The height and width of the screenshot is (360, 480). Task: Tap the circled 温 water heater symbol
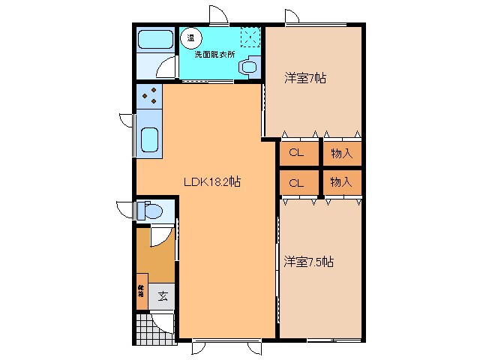point(193,36)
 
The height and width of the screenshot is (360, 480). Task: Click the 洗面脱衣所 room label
point(215,54)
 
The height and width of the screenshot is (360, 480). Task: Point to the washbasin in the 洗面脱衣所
point(247,67)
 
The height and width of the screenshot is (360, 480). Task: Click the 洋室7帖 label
point(304,77)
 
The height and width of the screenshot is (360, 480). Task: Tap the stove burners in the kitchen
point(150,95)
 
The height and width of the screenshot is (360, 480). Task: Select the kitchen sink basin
point(150,140)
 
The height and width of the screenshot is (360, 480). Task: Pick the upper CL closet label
point(296,153)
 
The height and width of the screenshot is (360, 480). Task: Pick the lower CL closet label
point(296,182)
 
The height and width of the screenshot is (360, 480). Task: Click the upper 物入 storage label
point(341,153)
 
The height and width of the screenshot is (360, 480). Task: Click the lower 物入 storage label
point(341,182)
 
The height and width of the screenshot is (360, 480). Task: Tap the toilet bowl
point(154,212)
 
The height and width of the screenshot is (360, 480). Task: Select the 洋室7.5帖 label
point(308,262)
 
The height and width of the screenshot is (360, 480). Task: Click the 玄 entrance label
point(163,295)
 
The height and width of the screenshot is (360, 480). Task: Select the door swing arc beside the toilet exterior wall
point(124,210)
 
